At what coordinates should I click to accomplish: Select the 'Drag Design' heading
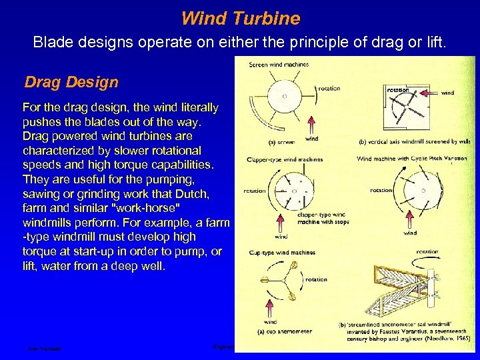71,82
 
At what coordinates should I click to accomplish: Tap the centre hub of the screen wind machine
285,96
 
